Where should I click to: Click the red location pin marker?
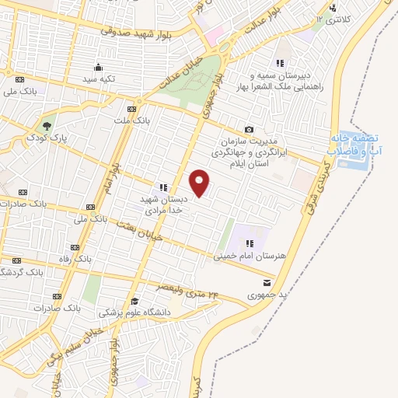point(200,182)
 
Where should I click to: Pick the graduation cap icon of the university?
point(134,301)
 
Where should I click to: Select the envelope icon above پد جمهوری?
point(267,283)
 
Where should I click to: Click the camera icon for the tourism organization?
point(249,129)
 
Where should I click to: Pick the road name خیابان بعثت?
point(140,231)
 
